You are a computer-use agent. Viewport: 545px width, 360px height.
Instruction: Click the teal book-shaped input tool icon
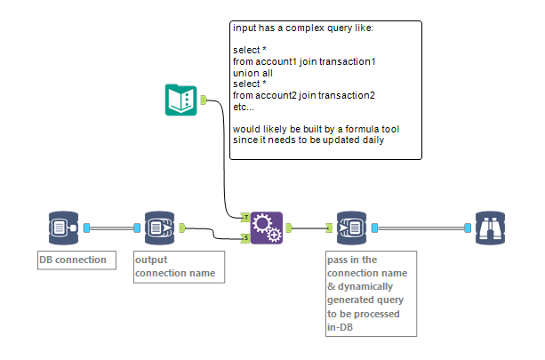click(x=181, y=100)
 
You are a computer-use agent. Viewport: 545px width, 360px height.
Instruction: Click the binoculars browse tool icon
click(x=491, y=228)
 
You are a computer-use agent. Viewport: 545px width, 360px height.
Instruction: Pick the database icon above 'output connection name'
click(x=158, y=228)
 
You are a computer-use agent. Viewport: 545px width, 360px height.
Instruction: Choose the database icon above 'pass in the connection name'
click(x=351, y=228)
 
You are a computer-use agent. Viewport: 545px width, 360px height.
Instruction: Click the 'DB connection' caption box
click(x=76, y=260)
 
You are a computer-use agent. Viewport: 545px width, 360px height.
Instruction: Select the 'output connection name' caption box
click(x=178, y=267)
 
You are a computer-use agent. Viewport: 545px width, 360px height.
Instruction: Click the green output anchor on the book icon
click(x=204, y=100)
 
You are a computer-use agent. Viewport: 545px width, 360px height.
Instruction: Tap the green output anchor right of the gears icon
click(x=290, y=228)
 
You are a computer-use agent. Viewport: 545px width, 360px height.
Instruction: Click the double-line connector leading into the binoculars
click(x=422, y=228)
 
